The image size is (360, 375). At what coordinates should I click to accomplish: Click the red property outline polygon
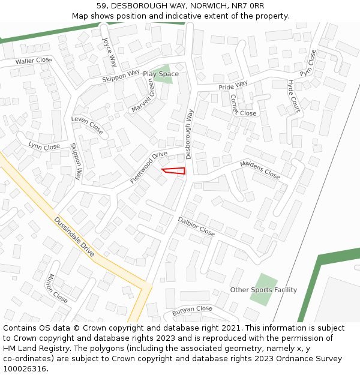[x=175, y=172]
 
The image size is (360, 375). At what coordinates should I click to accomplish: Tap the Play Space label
[x=160, y=74]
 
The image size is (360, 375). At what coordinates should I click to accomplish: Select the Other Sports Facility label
[x=263, y=290]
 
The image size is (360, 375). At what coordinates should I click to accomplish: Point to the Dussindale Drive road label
[x=74, y=238]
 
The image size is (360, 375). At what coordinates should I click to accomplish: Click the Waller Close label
[x=34, y=61]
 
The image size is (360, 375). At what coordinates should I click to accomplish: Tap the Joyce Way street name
[x=109, y=53]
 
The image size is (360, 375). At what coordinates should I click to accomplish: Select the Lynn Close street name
[x=44, y=146]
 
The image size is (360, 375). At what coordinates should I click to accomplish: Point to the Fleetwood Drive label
[x=149, y=167]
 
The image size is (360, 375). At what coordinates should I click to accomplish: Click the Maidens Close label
[x=260, y=170]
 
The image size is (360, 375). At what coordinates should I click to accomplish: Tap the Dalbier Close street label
[x=196, y=226]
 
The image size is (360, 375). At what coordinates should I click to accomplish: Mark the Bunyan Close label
[x=192, y=310]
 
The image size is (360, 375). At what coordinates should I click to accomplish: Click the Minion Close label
[x=58, y=288]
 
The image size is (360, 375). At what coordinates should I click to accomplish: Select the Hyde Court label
[x=293, y=96]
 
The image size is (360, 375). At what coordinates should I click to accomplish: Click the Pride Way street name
[x=233, y=86]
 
